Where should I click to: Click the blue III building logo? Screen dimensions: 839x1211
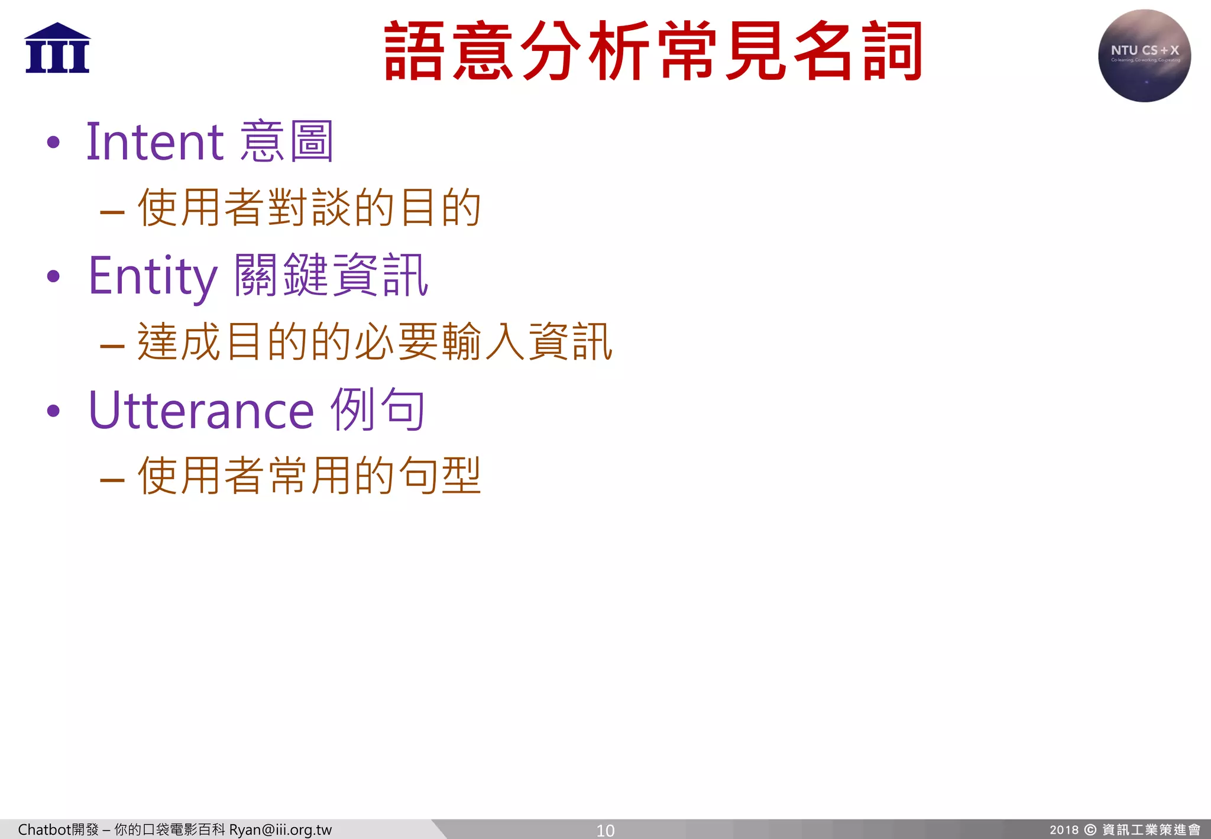57,49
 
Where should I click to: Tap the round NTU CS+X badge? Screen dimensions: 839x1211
1144,56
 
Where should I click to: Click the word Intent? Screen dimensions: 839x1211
155,141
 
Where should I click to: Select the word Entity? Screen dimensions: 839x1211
153,276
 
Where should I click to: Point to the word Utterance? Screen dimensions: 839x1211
201,410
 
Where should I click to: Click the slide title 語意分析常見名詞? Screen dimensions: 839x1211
653,51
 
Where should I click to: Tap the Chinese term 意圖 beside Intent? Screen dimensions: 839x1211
287,141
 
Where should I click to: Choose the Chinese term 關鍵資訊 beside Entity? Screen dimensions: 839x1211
331,276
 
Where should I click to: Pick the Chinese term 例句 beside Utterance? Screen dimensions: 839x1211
377,410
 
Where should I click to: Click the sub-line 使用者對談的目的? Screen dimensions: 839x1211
309,208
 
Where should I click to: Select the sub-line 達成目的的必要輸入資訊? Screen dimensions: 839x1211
374,342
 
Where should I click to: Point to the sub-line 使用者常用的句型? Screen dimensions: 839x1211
309,476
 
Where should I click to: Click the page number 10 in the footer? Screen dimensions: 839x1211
605,830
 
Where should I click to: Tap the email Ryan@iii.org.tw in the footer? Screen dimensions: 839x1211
280,830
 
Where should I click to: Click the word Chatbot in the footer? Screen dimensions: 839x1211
44,830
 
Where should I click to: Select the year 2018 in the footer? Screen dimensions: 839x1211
1064,830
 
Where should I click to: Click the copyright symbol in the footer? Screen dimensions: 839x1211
1090,830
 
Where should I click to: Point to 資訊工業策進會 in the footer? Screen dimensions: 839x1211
1151,830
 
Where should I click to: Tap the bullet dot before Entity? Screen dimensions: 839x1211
54,276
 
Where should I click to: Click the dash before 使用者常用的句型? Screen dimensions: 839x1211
112,479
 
